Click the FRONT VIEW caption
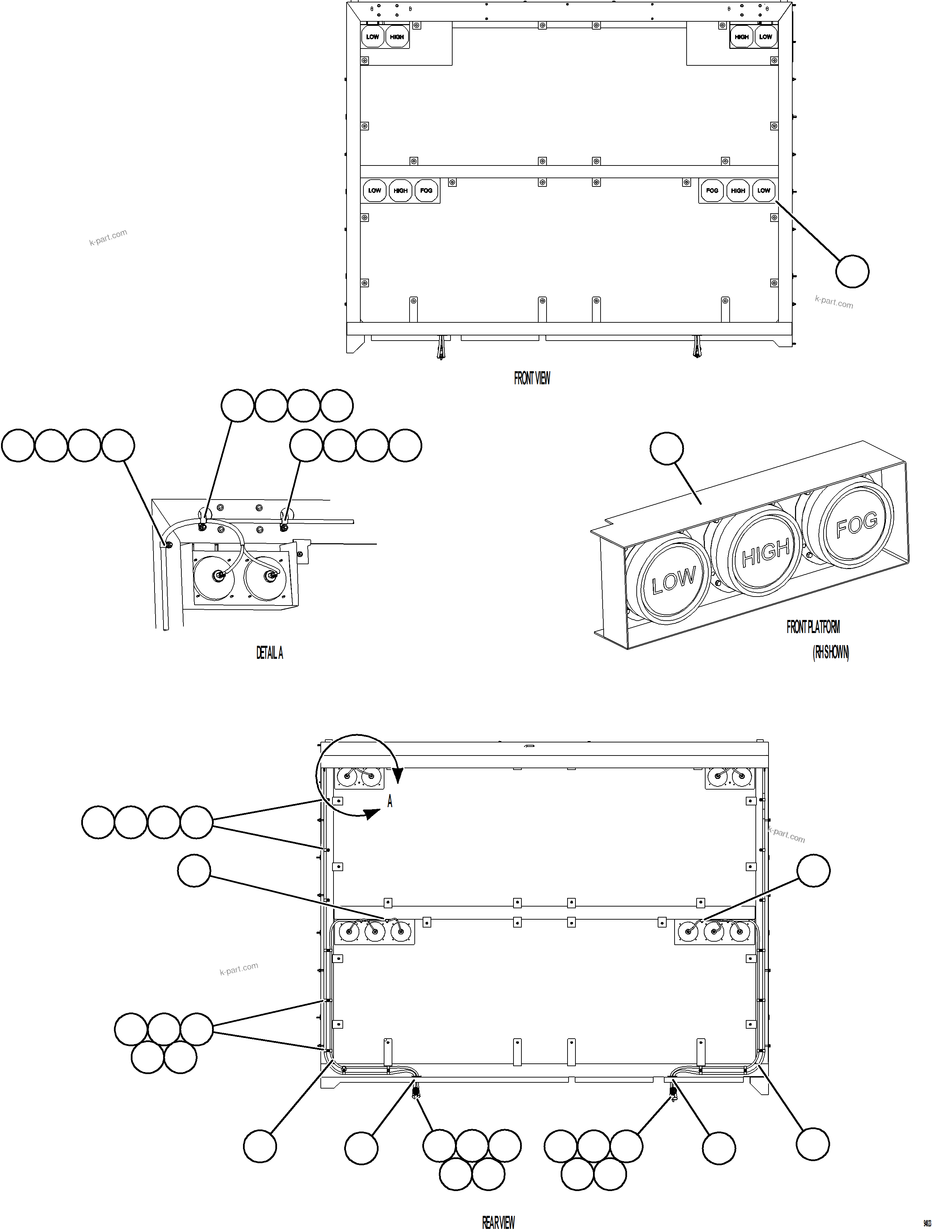(x=532, y=378)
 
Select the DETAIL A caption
(x=269, y=653)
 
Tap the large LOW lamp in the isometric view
(x=674, y=581)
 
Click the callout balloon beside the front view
(x=852, y=271)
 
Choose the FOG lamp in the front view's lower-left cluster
(x=426, y=191)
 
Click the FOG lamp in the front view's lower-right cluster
(x=712, y=191)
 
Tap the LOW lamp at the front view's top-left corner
(x=373, y=37)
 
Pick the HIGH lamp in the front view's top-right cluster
(x=741, y=37)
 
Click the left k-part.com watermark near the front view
(x=108, y=237)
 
